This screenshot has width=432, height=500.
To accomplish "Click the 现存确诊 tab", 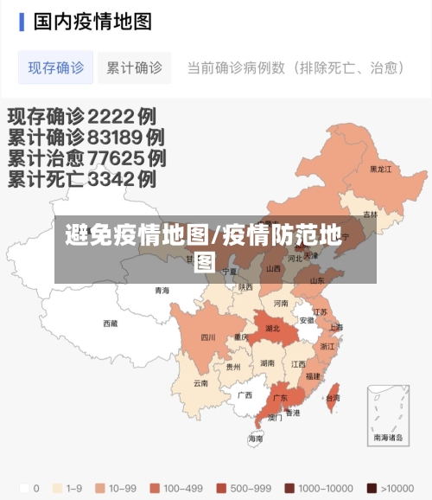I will click(x=56, y=67).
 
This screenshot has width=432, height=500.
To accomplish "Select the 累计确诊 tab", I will click(x=133, y=67).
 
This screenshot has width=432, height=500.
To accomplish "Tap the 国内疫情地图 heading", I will click(x=92, y=21).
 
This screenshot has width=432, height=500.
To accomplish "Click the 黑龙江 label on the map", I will click(x=380, y=170).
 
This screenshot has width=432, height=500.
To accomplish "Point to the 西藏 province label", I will click(x=110, y=324).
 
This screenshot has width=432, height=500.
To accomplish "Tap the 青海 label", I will click(x=162, y=291).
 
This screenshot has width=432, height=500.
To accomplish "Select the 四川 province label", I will click(x=208, y=337).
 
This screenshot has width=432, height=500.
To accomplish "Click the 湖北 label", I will click(x=272, y=329).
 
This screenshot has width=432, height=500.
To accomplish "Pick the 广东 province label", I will click(x=280, y=399).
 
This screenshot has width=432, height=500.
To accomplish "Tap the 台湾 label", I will click(x=333, y=398).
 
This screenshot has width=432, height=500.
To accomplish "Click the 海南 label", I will click(x=256, y=439).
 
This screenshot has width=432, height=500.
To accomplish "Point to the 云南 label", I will click(x=200, y=382).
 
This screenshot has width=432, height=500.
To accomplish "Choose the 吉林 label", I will click(x=370, y=214).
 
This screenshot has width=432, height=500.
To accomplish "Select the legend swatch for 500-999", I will click(x=221, y=487).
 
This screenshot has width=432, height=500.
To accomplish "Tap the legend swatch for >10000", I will click(x=372, y=487).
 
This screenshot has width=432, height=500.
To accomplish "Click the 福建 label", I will click(x=314, y=376).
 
